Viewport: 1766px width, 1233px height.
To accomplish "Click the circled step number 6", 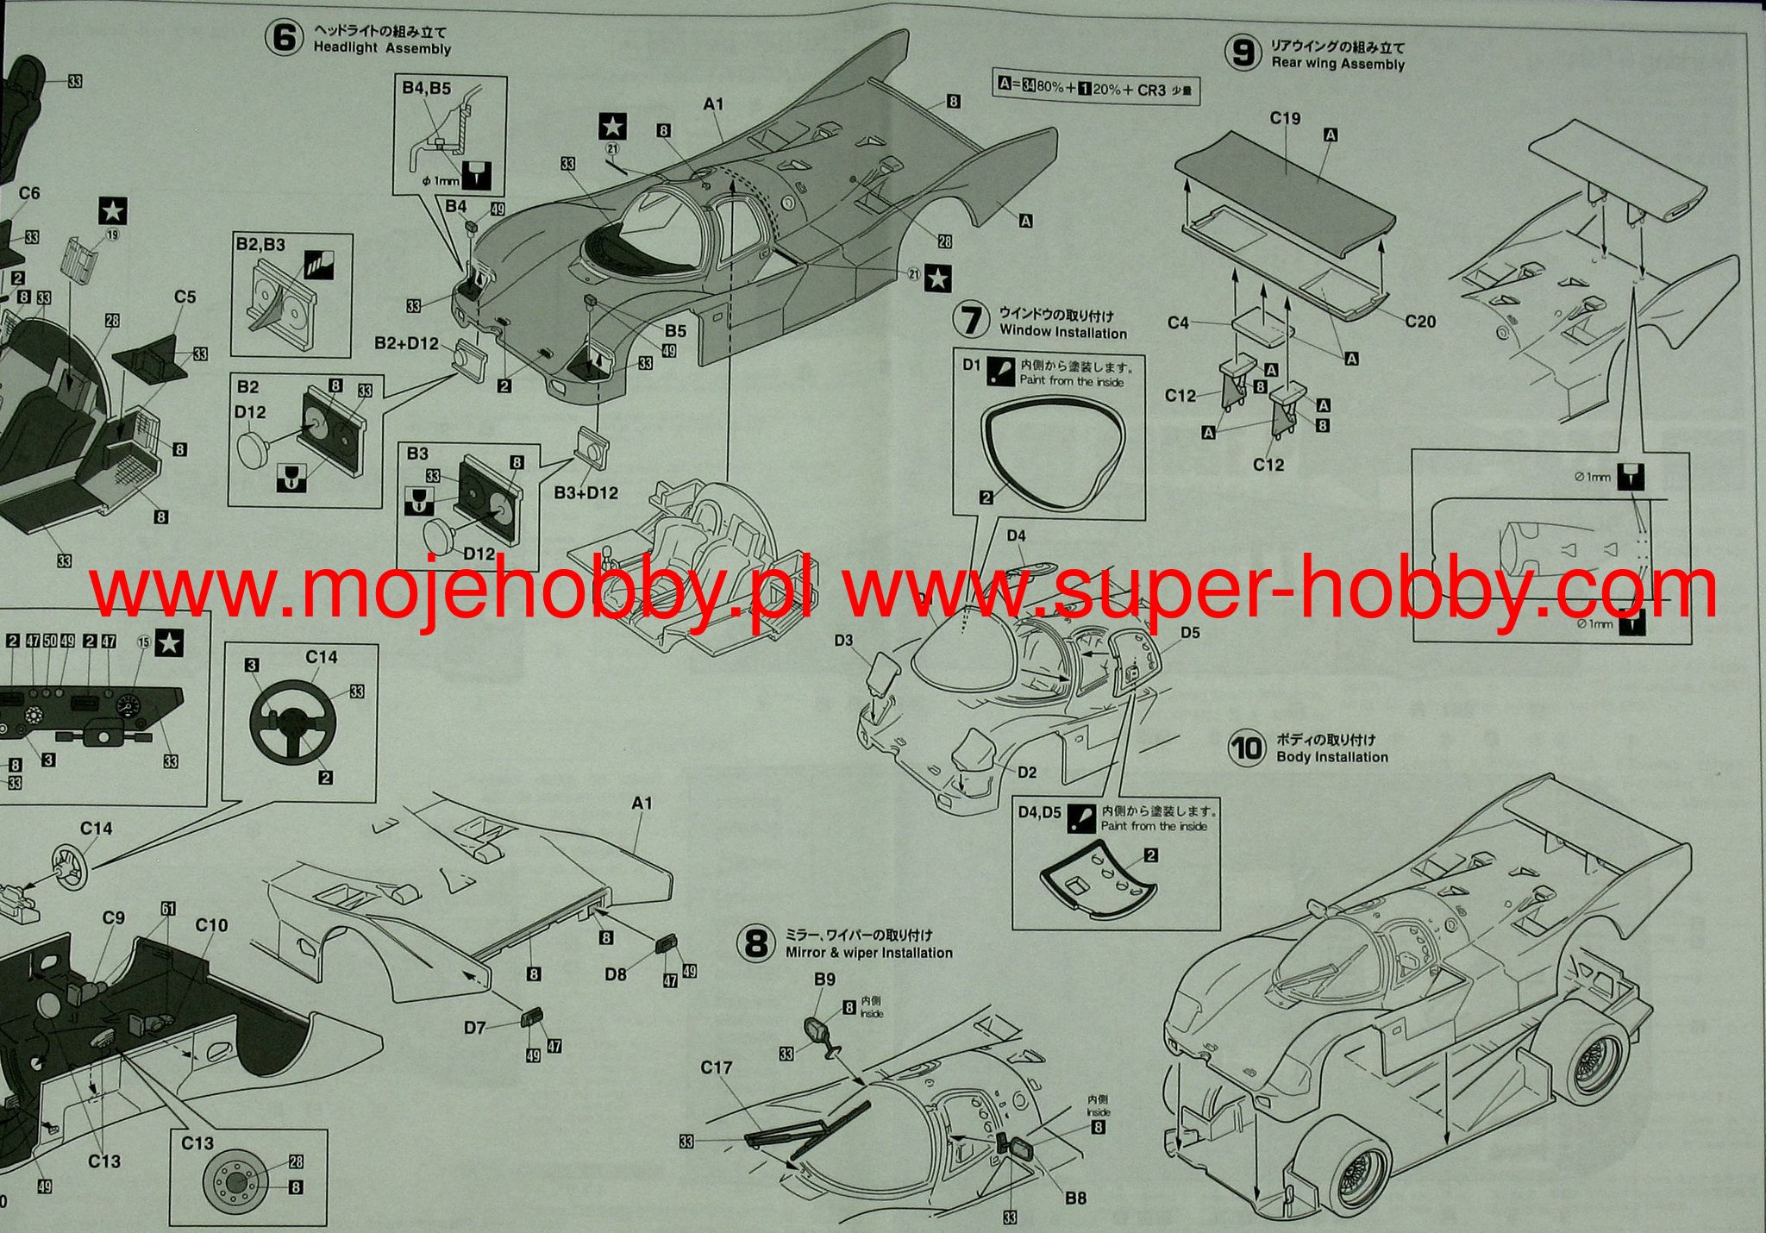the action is pyautogui.click(x=284, y=40).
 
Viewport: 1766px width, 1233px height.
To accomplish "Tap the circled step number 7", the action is pyautogui.click(x=972, y=319).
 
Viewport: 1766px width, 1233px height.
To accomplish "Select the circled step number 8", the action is pyautogui.click(x=755, y=944).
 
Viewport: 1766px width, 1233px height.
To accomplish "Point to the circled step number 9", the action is pyautogui.click(x=1243, y=53).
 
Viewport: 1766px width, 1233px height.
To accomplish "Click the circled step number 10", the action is pyautogui.click(x=1247, y=748).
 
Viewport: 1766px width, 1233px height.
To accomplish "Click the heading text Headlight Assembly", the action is pyautogui.click(x=382, y=49).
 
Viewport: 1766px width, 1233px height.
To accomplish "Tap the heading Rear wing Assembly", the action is pyautogui.click(x=1337, y=64).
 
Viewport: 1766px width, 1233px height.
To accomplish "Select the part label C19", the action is pyautogui.click(x=1285, y=118).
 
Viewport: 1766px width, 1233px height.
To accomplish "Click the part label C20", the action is pyautogui.click(x=1420, y=322).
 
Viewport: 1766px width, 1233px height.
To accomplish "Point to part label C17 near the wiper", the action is pyautogui.click(x=717, y=1067).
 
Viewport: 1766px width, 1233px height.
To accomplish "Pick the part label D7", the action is pyautogui.click(x=475, y=1027).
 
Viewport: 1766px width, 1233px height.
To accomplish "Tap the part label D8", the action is pyautogui.click(x=616, y=974).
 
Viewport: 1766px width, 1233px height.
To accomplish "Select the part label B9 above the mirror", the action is pyautogui.click(x=824, y=980).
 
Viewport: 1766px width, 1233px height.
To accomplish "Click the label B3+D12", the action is pyautogui.click(x=586, y=493).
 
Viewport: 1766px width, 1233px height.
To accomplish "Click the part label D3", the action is pyautogui.click(x=843, y=640).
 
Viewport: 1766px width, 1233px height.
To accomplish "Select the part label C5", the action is pyautogui.click(x=185, y=297).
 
